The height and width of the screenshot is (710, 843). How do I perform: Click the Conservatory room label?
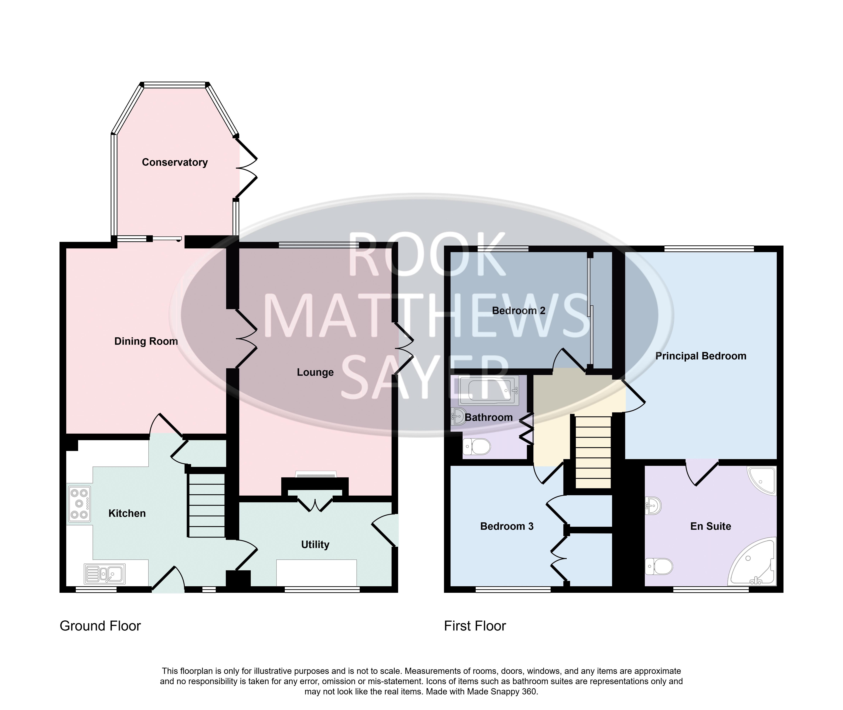point(175,162)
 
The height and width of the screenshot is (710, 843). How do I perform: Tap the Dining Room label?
point(146,341)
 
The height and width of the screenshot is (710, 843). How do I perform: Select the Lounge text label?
point(315,372)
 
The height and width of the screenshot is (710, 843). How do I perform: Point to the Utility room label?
point(315,545)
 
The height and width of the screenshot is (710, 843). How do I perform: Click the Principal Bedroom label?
point(701,356)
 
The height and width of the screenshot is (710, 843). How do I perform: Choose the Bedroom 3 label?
point(507,526)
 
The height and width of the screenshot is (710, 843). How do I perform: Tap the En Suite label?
point(711,526)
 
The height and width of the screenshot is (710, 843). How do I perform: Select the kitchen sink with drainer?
point(105,573)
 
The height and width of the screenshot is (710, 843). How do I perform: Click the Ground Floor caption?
point(100,626)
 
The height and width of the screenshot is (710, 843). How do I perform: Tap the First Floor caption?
point(475,626)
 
